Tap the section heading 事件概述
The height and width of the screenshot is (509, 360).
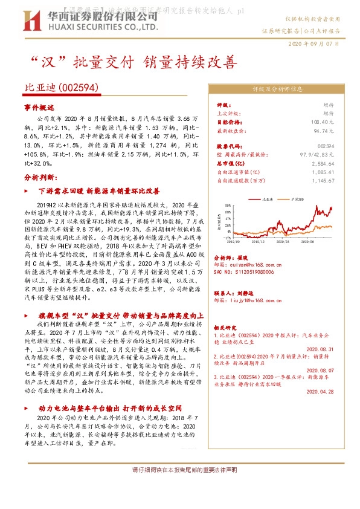(39, 107)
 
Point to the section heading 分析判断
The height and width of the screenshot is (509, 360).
(40, 178)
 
